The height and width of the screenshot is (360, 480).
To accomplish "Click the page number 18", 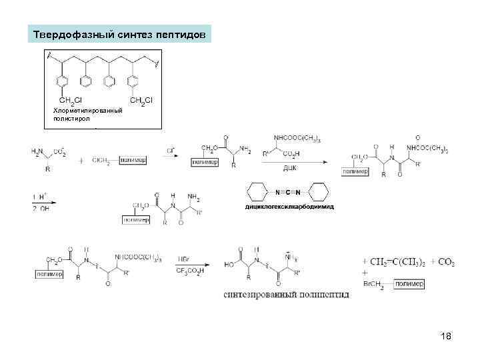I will (x=446, y=337).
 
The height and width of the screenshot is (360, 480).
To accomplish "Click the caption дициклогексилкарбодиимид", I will (x=290, y=207).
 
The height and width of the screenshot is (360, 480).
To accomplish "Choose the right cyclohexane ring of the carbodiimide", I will (x=318, y=193).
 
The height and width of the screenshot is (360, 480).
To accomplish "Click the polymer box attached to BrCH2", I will (x=409, y=285).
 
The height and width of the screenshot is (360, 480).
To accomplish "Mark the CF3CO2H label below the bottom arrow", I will (x=190, y=271).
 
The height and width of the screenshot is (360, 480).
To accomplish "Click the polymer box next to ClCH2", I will (x=133, y=160).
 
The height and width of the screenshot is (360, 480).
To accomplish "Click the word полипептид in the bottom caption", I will (x=322, y=294).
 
